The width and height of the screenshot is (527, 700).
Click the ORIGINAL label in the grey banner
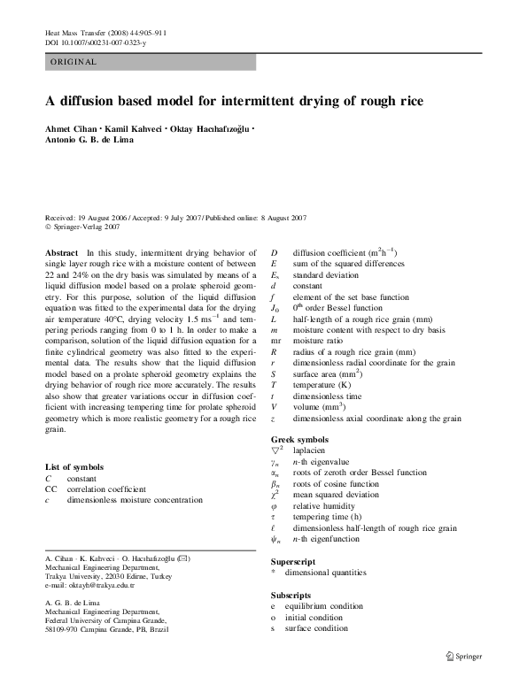click(x=73, y=62)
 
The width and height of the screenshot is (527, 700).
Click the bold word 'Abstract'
click(x=61, y=253)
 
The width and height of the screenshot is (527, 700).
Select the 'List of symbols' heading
click(x=74, y=466)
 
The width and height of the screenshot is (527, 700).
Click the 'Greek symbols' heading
click(x=300, y=439)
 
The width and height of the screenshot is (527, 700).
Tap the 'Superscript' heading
click(x=294, y=562)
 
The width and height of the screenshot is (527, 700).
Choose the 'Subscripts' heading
click(x=291, y=595)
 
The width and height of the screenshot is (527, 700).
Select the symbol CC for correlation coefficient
click(x=50, y=488)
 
